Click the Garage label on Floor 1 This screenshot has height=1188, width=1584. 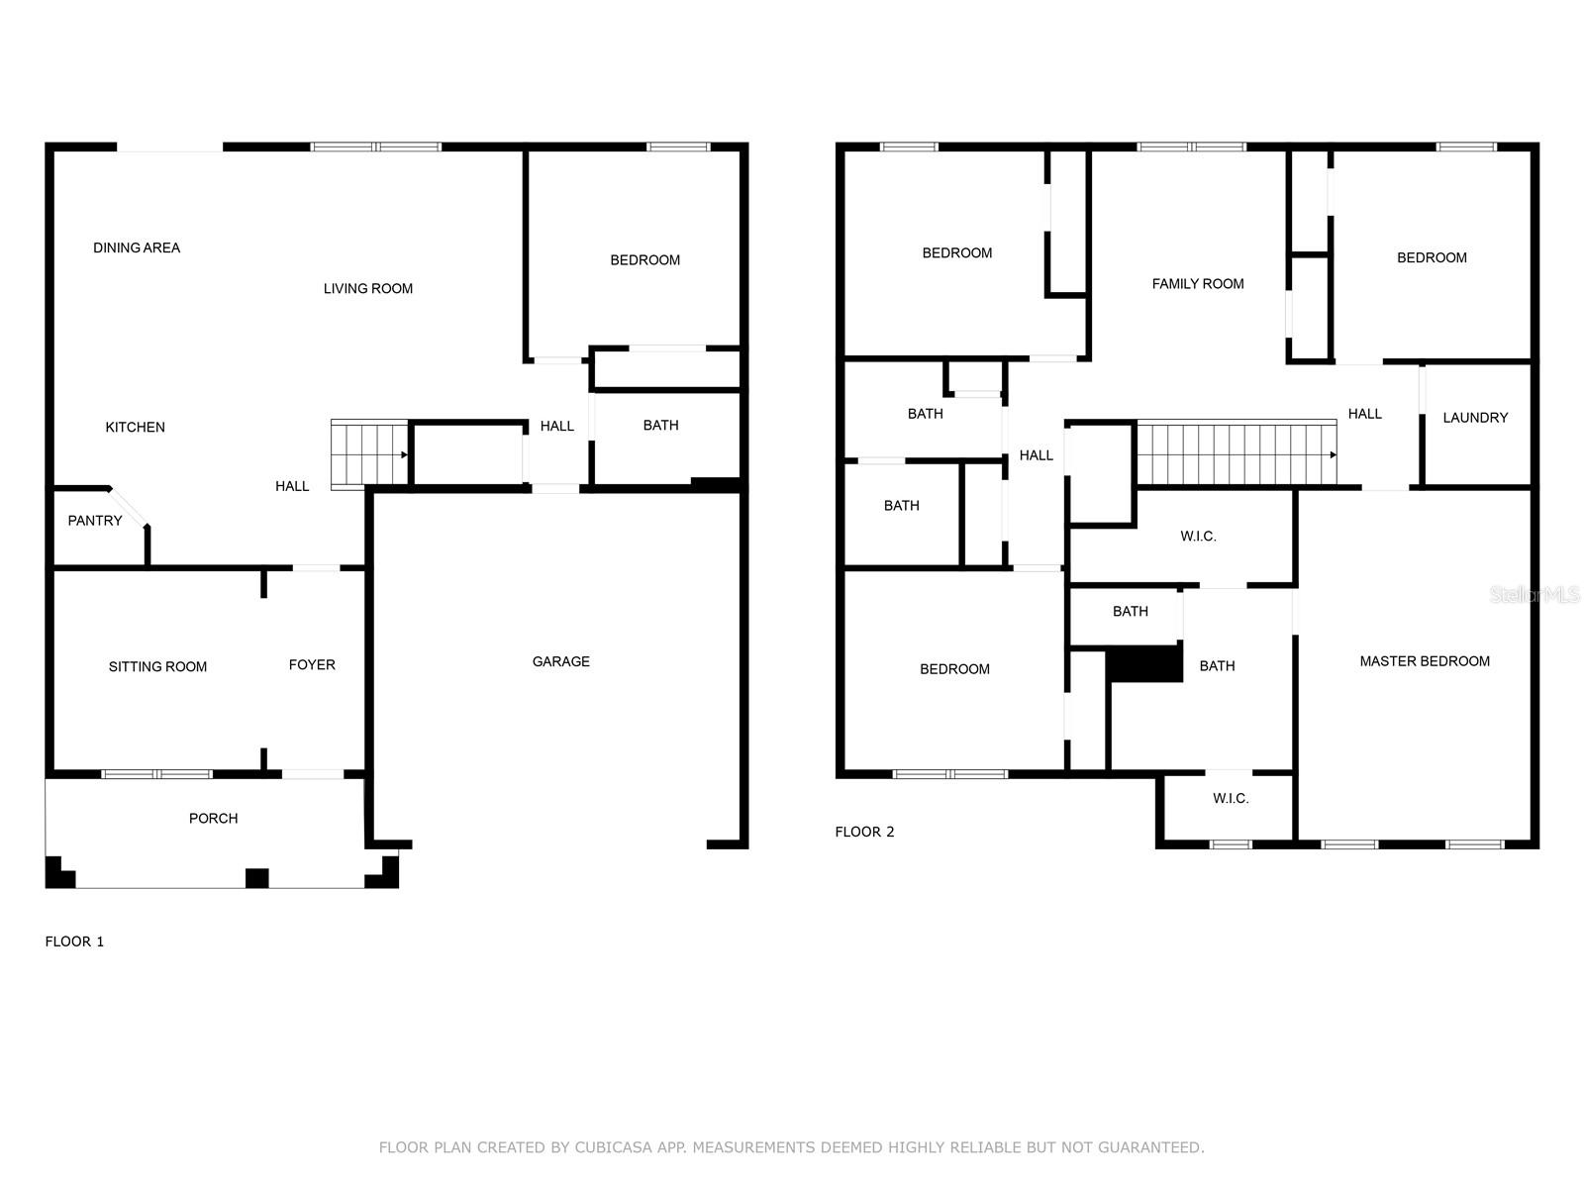[x=560, y=661]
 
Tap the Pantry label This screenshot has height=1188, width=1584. [x=94, y=521]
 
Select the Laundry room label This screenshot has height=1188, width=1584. [x=1475, y=418]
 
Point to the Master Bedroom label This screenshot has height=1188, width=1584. [x=1425, y=661]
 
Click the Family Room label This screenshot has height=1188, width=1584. [x=1198, y=284]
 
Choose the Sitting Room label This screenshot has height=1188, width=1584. [x=157, y=666]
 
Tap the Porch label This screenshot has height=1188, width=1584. [x=213, y=818]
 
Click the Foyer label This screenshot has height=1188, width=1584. [x=312, y=664]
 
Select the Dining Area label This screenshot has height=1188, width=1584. [x=137, y=247]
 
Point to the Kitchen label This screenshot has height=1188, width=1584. [x=135, y=427]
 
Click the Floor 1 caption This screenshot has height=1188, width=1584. [x=74, y=941]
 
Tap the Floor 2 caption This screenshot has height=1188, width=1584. [x=864, y=832]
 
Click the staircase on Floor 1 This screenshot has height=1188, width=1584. [x=369, y=454]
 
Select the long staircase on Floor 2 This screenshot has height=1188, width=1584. [x=1237, y=452]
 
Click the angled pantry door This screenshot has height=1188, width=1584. [x=129, y=507]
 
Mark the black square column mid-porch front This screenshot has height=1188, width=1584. [x=256, y=878]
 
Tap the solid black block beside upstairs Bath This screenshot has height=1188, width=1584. [x=1144, y=663]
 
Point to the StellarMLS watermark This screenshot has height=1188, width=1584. [x=1534, y=594]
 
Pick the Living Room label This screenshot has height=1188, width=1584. [x=368, y=288]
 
